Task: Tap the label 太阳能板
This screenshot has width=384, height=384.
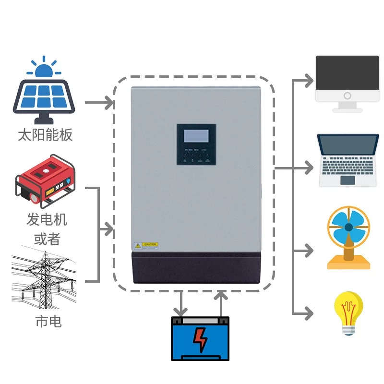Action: [x=45, y=134]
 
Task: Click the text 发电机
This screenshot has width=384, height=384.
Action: [x=47, y=220]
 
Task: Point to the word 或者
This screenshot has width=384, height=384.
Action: [x=47, y=239]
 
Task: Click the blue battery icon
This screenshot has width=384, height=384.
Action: [x=200, y=338]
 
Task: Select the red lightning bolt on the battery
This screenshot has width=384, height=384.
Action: [x=200, y=339]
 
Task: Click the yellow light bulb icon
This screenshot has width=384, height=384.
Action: [x=348, y=312]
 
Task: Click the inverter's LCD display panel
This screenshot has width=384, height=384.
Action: [x=196, y=136]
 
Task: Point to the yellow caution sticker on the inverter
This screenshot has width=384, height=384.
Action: [x=146, y=244]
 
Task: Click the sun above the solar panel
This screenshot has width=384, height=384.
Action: [x=44, y=68]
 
